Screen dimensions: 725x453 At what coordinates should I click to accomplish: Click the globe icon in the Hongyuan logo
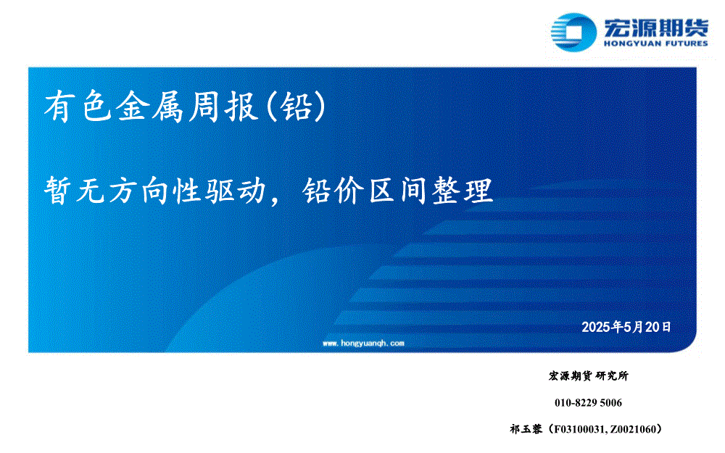click(x=573, y=32)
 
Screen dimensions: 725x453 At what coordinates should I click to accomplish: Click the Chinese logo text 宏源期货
click(x=655, y=28)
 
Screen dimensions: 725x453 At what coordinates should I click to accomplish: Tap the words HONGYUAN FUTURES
click(x=655, y=43)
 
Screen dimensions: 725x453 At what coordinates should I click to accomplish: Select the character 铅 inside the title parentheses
click(x=297, y=107)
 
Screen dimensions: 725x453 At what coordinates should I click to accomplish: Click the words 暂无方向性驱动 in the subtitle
click(x=155, y=191)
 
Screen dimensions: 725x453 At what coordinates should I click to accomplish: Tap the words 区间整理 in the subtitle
click(x=431, y=191)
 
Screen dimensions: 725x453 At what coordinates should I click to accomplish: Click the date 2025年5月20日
click(x=626, y=328)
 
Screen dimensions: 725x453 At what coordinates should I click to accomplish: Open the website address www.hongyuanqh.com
click(x=363, y=344)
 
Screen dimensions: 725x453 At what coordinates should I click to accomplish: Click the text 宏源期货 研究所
click(x=588, y=375)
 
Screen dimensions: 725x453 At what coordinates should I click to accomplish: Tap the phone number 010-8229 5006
click(x=588, y=402)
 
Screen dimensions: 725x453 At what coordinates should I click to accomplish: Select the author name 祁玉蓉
click(x=526, y=429)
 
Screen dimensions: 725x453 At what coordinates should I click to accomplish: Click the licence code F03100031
click(x=579, y=430)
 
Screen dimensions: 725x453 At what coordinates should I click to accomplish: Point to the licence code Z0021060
click(x=632, y=430)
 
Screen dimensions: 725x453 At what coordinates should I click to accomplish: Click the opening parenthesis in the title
click(x=272, y=107)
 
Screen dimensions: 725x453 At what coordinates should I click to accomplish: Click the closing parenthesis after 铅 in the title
click(x=320, y=107)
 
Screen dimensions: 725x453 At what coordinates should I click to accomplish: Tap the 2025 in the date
click(x=596, y=328)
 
